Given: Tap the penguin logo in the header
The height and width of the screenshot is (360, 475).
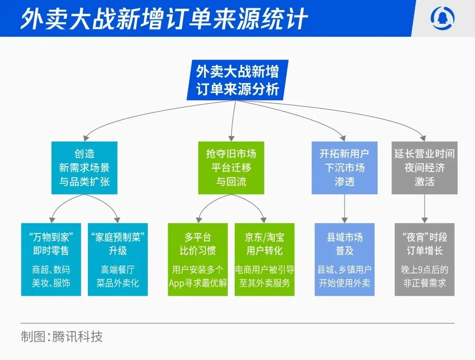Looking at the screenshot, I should [x=443, y=18].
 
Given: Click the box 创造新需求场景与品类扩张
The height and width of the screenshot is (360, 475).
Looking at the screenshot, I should [x=84, y=168].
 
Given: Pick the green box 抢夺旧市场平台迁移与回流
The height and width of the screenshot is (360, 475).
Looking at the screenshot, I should [x=231, y=168].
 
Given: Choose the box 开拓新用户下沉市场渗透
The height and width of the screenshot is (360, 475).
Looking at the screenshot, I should [x=344, y=168].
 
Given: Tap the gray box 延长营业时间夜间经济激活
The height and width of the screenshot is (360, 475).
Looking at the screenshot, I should [x=424, y=168].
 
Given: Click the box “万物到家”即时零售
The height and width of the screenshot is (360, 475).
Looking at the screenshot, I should [x=51, y=259].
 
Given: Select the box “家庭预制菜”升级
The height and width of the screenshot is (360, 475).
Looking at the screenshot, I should [x=118, y=259].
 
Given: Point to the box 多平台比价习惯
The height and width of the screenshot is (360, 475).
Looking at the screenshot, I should [x=198, y=259].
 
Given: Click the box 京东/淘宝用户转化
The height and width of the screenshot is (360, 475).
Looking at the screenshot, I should [x=264, y=259].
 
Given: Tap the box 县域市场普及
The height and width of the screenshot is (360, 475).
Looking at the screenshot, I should [x=344, y=259].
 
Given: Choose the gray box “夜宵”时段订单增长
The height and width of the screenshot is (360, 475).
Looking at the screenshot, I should [x=424, y=259].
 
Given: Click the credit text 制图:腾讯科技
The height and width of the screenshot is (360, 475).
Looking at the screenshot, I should [x=62, y=337].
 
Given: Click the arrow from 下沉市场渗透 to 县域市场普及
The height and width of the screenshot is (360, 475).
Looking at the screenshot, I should [x=344, y=208].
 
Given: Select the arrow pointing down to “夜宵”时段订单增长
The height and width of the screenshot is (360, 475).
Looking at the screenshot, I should [x=424, y=208].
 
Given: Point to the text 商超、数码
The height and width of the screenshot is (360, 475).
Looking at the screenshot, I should [x=51, y=269].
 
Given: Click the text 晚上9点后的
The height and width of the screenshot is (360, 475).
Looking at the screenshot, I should [x=424, y=269].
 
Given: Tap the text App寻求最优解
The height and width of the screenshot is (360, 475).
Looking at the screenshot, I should [x=198, y=283].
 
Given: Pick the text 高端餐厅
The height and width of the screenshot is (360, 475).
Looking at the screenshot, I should [x=118, y=269].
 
